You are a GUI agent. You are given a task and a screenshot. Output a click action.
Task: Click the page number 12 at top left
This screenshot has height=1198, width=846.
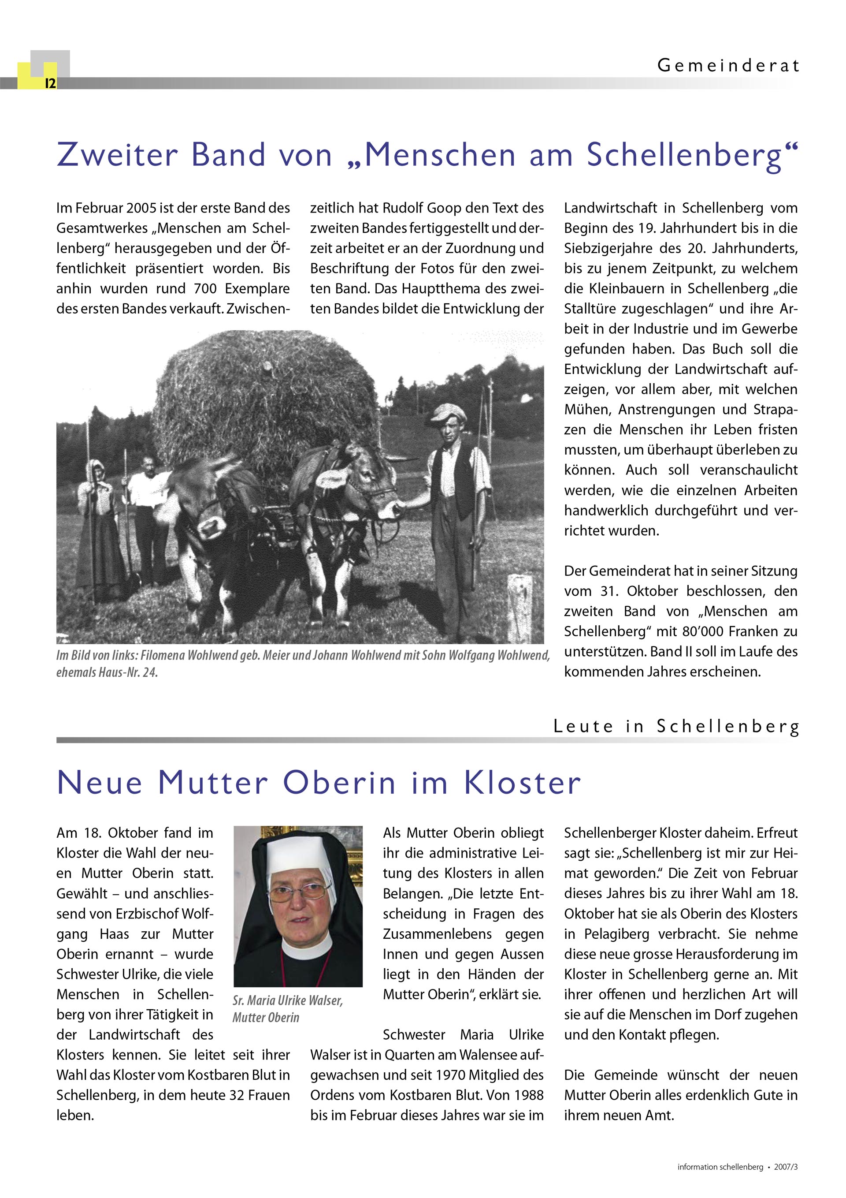50,83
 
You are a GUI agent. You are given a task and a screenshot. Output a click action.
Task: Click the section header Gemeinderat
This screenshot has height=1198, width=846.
728,66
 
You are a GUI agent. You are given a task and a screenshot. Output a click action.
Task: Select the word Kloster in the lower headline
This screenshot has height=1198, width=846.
522,783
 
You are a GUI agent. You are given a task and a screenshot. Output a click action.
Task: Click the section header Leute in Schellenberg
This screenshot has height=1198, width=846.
676,726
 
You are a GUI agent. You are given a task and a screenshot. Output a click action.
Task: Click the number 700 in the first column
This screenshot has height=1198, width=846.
205,288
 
